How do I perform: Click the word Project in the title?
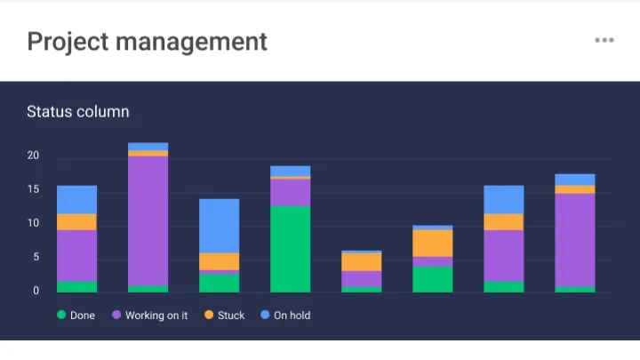[x=66, y=41]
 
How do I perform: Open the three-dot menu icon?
[x=604, y=40]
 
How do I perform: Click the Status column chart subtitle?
[x=78, y=111]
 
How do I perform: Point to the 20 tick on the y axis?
[x=33, y=156]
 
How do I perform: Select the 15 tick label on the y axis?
[x=33, y=190]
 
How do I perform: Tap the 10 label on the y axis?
[x=33, y=224]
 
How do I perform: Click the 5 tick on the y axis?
[x=36, y=258]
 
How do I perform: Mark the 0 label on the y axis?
[x=36, y=291]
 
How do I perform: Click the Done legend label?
[x=83, y=315]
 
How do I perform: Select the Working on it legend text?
[x=156, y=315]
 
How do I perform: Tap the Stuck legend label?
[x=231, y=315]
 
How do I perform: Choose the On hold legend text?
[x=292, y=315]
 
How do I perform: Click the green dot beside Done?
[x=61, y=315]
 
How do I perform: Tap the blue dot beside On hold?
[x=265, y=315]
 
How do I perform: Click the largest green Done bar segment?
[x=291, y=249]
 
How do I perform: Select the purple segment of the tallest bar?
[x=148, y=220]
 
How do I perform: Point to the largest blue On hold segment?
[x=220, y=226]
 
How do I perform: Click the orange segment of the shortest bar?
[x=362, y=261]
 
